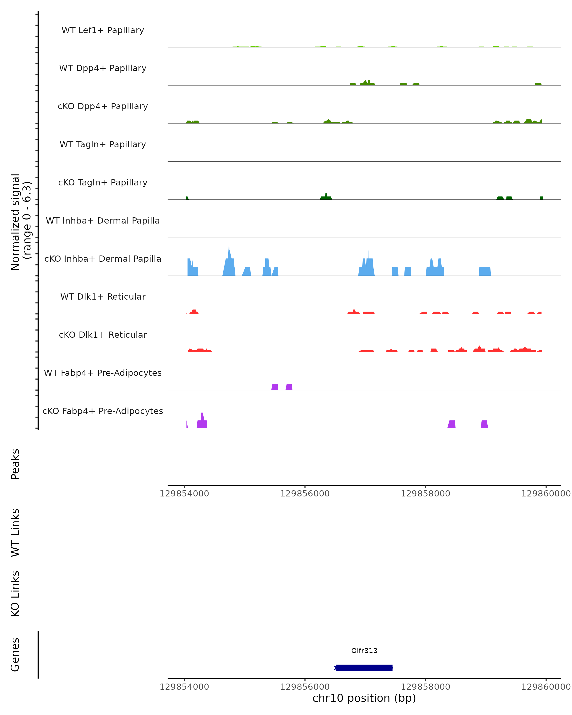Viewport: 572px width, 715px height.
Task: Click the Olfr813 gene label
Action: [364, 651]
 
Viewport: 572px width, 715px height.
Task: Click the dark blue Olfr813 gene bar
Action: [364, 668]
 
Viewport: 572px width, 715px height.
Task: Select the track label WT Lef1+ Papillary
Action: [103, 30]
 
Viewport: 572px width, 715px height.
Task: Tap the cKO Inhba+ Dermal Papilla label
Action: [103, 259]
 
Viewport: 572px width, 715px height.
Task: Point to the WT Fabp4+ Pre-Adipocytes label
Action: [103, 373]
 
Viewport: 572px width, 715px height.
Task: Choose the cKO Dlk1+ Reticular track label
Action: [103, 335]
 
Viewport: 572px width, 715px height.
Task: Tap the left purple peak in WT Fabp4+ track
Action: [275, 387]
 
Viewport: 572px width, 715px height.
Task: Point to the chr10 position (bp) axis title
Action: [364, 698]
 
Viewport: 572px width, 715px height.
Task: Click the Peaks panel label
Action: [15, 464]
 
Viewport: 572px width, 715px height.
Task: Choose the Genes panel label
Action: [15, 655]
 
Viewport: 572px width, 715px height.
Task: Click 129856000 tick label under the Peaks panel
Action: [305, 494]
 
